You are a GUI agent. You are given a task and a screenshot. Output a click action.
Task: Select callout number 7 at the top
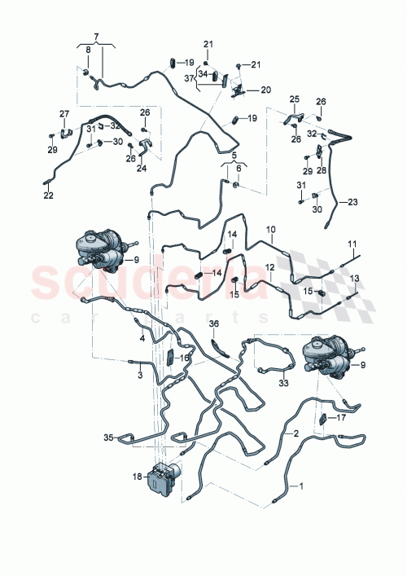tap(95, 37)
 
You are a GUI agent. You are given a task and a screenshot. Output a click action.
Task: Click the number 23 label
tap(352, 202)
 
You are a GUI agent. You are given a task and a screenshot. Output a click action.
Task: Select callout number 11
tap(352, 244)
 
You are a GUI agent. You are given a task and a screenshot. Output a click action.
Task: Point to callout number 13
tap(354, 279)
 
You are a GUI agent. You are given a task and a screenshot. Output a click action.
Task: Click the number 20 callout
tap(266, 90)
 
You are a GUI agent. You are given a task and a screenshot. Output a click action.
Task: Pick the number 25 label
tap(294, 99)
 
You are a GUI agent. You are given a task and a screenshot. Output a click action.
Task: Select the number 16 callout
tap(185, 357)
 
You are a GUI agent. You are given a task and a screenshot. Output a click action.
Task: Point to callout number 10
tap(271, 230)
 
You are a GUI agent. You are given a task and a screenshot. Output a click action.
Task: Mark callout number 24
tap(142, 169)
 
